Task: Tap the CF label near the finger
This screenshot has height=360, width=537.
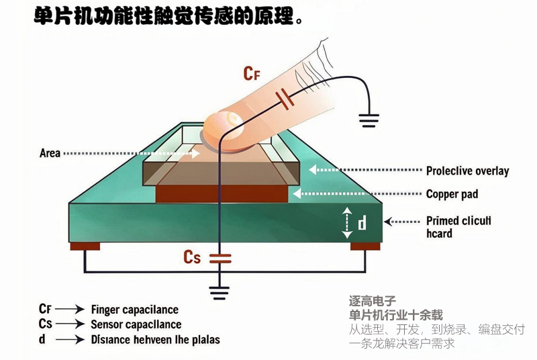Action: click(x=251, y=73)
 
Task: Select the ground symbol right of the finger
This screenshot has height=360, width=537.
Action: click(x=369, y=120)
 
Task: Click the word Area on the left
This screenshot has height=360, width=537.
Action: click(x=50, y=153)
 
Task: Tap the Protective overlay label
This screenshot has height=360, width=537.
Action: click(x=467, y=171)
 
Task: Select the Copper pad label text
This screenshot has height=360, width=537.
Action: click(x=452, y=194)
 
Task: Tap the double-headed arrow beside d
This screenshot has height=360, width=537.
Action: click(x=346, y=222)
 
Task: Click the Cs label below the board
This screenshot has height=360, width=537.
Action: click(x=192, y=257)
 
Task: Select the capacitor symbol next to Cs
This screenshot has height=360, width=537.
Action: click(x=218, y=257)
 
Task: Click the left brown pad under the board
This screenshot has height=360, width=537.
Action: click(x=85, y=246)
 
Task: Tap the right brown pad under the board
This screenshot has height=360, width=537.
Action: click(x=364, y=246)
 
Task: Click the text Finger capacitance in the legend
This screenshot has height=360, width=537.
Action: click(x=134, y=310)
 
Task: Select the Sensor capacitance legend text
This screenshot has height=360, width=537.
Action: click(x=136, y=324)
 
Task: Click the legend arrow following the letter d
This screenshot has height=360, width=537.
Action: click(x=69, y=340)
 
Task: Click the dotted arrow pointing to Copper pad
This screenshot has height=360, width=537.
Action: click(x=356, y=194)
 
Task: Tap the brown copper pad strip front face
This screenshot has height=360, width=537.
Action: click(x=222, y=194)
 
